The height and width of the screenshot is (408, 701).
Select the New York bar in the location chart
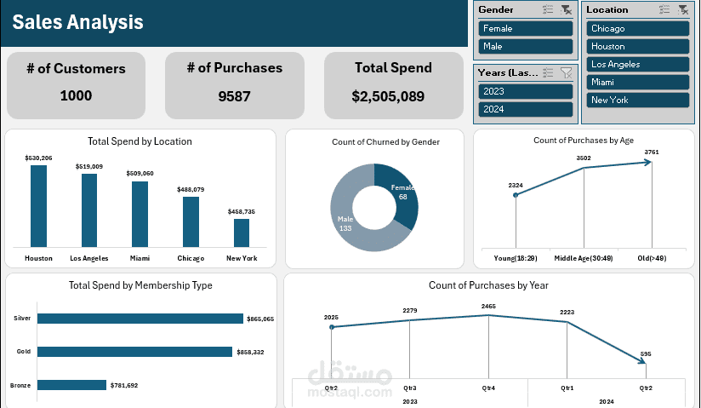(242, 233)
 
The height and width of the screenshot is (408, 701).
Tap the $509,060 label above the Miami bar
(140, 174)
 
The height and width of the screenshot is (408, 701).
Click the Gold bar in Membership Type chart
(134, 351)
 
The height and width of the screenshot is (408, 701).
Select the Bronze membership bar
(71, 385)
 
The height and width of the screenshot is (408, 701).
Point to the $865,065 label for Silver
(259, 319)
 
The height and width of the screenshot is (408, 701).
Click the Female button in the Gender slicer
(525, 28)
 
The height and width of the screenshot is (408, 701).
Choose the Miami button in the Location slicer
(637, 82)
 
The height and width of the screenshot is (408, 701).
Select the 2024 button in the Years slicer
(525, 109)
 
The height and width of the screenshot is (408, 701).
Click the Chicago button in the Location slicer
(637, 28)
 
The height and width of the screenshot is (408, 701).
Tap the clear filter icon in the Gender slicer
(566, 9)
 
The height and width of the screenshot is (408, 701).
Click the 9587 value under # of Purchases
(234, 96)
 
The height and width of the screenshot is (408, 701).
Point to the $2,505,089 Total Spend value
(388, 96)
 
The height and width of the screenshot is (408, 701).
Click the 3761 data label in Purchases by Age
(652, 152)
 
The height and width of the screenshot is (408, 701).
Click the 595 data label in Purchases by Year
(646, 353)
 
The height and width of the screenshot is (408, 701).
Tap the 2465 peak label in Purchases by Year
(488, 305)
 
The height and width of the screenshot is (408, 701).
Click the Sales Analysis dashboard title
(77, 22)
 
